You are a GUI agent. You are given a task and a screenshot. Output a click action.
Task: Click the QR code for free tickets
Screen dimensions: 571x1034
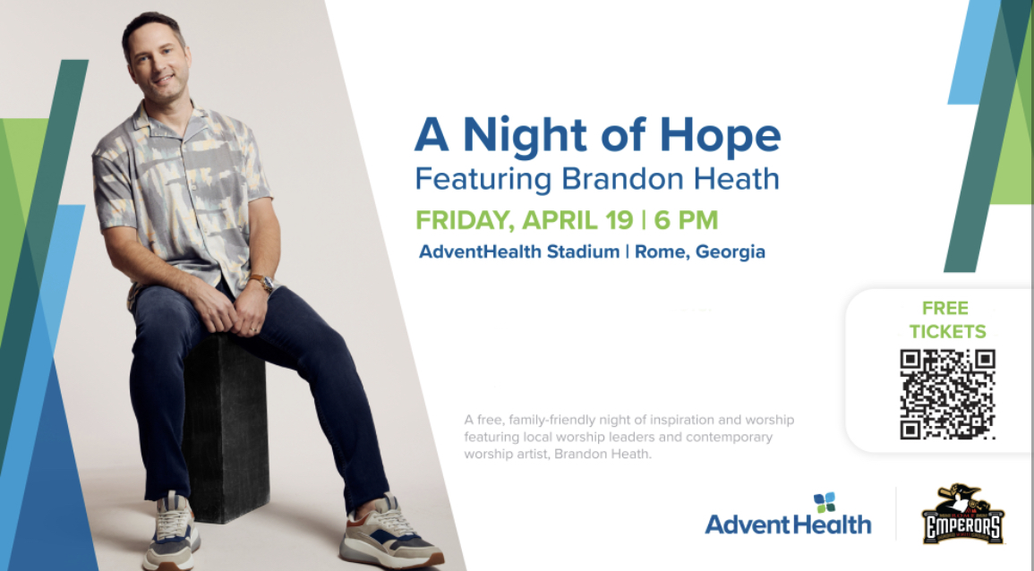tap(947, 394)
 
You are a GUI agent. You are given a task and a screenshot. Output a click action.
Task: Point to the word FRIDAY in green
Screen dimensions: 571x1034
tap(466, 220)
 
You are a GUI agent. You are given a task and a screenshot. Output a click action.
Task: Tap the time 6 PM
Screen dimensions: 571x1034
tap(686, 220)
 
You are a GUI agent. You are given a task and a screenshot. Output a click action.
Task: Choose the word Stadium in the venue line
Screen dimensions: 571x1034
tap(583, 251)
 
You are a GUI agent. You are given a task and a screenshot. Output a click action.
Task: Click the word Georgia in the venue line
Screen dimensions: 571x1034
tap(724, 251)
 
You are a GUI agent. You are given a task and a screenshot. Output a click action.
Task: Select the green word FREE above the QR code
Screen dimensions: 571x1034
tap(945, 309)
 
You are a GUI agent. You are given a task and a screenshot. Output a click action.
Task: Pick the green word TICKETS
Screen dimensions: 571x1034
tap(947, 331)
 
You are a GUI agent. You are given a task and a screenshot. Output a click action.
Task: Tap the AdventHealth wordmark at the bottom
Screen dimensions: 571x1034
tap(788, 524)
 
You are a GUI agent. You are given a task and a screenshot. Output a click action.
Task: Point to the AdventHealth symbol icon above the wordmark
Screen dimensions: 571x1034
tap(825, 502)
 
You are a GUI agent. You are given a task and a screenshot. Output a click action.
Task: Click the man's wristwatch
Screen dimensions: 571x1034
tap(262, 283)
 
